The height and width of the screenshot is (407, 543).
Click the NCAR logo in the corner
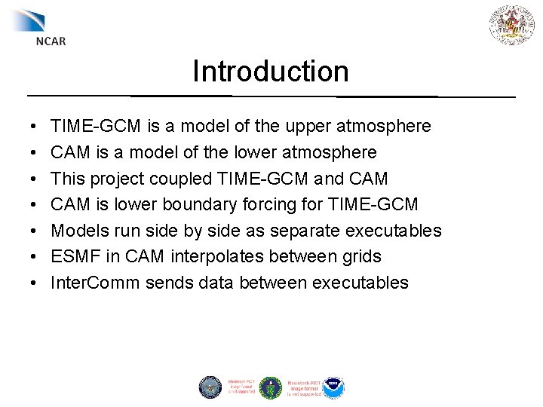coord(39,26)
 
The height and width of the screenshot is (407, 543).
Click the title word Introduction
coord(271,72)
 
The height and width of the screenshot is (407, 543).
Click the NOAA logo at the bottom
coord(333,387)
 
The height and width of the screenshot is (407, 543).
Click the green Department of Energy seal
coord(270,387)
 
